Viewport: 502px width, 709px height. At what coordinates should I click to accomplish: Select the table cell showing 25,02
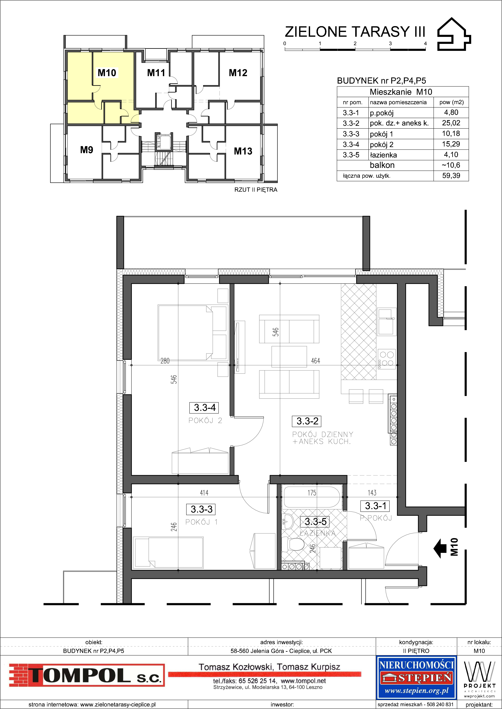pyautogui.click(x=451, y=123)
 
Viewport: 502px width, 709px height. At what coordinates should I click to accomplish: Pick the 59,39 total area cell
pyautogui.click(x=451, y=176)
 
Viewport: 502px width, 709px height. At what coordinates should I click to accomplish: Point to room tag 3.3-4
pyautogui.click(x=205, y=408)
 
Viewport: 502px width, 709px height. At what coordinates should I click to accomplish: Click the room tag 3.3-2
pyautogui.click(x=307, y=421)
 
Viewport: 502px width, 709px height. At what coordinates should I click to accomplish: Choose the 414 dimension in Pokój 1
pyautogui.click(x=204, y=493)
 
